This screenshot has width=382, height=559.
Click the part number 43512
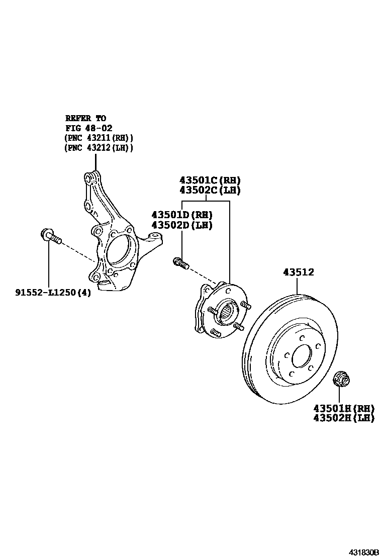click(x=298, y=272)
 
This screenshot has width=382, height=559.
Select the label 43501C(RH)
click(x=210, y=180)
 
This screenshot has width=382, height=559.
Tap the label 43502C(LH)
click(x=210, y=191)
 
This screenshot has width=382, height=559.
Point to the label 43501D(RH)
click(x=182, y=215)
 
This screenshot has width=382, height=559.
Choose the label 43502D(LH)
click(x=182, y=225)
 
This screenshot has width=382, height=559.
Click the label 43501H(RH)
click(x=344, y=408)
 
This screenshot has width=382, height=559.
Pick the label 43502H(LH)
click(x=344, y=418)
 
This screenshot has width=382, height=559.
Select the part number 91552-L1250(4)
click(x=53, y=293)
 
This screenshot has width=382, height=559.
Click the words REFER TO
click(x=85, y=118)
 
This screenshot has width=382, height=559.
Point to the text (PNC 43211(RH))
click(x=99, y=138)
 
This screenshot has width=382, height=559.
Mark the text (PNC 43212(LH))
click(x=99, y=148)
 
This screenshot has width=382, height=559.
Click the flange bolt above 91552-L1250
click(x=49, y=236)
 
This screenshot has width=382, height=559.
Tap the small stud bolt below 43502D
click(x=180, y=262)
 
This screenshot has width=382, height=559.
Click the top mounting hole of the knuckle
click(x=88, y=178)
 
